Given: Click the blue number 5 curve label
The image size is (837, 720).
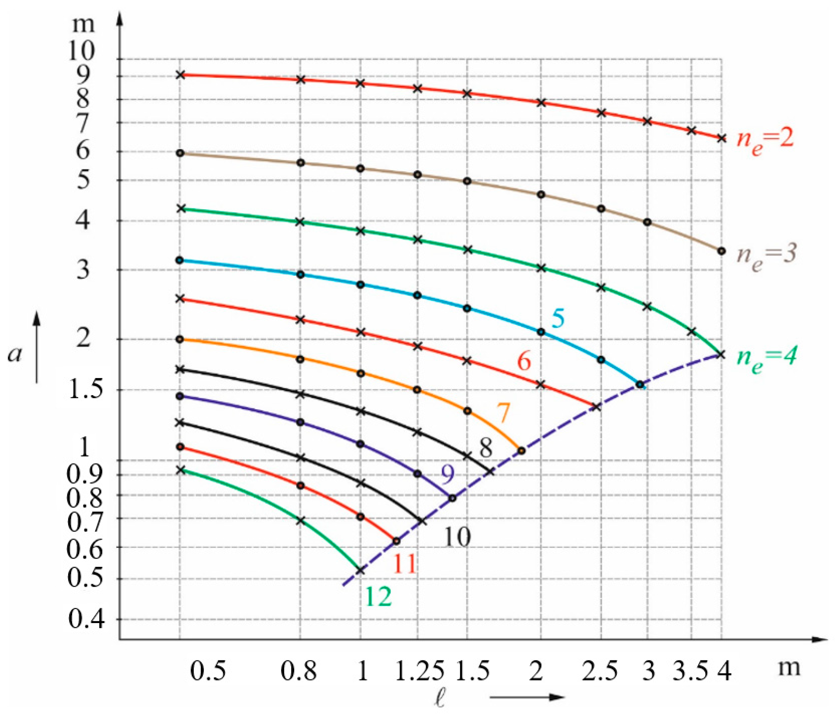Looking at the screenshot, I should click(x=558, y=319).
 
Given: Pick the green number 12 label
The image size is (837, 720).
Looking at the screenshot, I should click(x=378, y=596).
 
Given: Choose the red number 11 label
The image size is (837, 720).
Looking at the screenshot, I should click(x=404, y=564).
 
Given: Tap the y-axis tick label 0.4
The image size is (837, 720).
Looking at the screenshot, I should click(x=86, y=619).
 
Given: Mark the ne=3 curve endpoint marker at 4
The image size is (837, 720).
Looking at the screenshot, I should click(x=721, y=251).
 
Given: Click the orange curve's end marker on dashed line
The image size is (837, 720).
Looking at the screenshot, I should click(x=521, y=451).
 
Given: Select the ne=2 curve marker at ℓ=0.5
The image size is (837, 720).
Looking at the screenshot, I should click(x=181, y=75).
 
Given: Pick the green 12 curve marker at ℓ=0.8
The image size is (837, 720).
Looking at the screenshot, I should click(x=300, y=521).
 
